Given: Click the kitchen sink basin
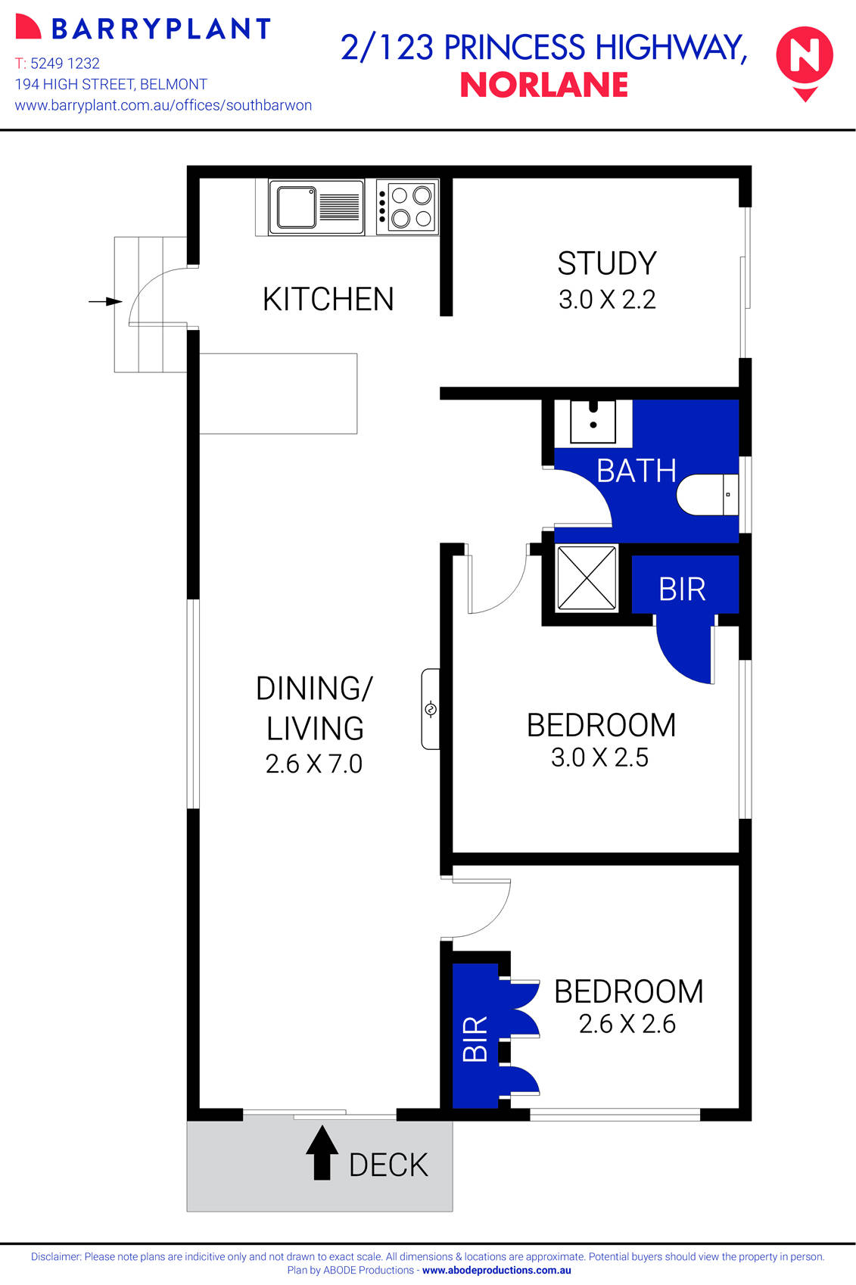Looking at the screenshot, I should coord(296,207).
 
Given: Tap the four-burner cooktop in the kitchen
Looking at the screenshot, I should coord(407,207).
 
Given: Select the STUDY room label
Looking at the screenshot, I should coord(607,263).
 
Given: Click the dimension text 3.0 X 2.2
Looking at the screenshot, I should coord(607,300).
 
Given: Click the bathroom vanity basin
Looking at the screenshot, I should coord(593,422).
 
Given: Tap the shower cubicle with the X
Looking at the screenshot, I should coord(587,578).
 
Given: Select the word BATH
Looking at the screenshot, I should coord(636,471).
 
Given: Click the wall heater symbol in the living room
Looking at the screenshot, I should coord(431,709).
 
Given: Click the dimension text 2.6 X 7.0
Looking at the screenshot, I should coord(314,764).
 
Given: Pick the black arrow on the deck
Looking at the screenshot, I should coord(322,1153).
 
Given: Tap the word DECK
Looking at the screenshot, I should coord(388,1165).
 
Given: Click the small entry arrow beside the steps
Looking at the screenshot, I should coord(105,301).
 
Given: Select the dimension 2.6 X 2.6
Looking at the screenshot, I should coord(627,1024).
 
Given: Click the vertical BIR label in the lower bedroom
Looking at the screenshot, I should coord(475,1039).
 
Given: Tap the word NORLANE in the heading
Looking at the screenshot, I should coord(544,85).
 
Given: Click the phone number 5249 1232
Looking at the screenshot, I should coord(65,64).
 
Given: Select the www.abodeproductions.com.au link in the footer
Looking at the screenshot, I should coord(496,1271).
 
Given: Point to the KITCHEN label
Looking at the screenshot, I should coord(328,300).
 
